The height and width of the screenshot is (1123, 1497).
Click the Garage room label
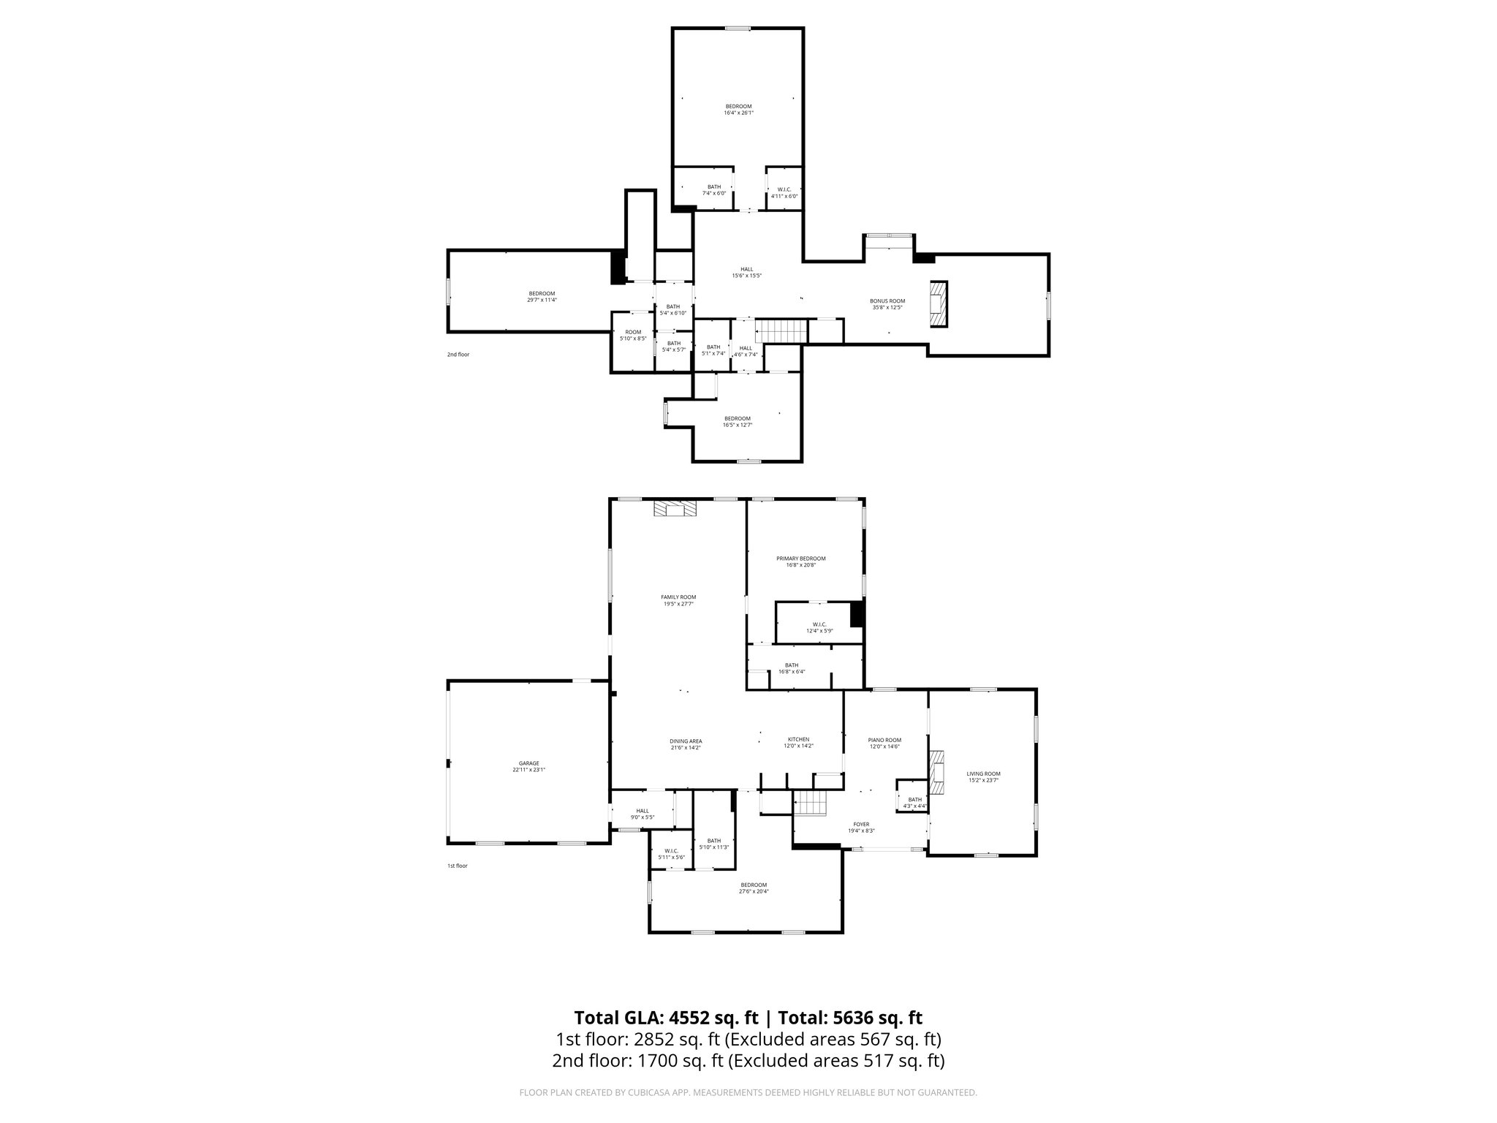click(529, 766)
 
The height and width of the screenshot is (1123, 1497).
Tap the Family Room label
click(678, 600)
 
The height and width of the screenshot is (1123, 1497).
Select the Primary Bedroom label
click(800, 561)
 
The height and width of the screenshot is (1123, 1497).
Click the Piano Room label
click(884, 743)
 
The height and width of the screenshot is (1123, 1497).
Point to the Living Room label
click(983, 776)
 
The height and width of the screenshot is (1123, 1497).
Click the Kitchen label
click(798, 742)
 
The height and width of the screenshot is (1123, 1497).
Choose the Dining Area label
click(686, 744)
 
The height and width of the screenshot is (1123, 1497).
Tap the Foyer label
click(861, 827)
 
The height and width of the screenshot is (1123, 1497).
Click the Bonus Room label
click(887, 304)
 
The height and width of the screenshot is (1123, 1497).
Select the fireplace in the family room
click(675, 509)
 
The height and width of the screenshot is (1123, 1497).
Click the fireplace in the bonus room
click(938, 303)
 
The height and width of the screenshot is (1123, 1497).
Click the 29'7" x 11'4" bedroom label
click(542, 297)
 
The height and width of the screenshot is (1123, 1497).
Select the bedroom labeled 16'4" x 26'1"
click(738, 110)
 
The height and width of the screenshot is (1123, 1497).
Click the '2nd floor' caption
click(458, 355)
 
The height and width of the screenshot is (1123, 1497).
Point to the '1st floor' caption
click(458, 866)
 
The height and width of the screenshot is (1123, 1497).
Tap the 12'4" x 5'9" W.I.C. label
click(819, 627)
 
